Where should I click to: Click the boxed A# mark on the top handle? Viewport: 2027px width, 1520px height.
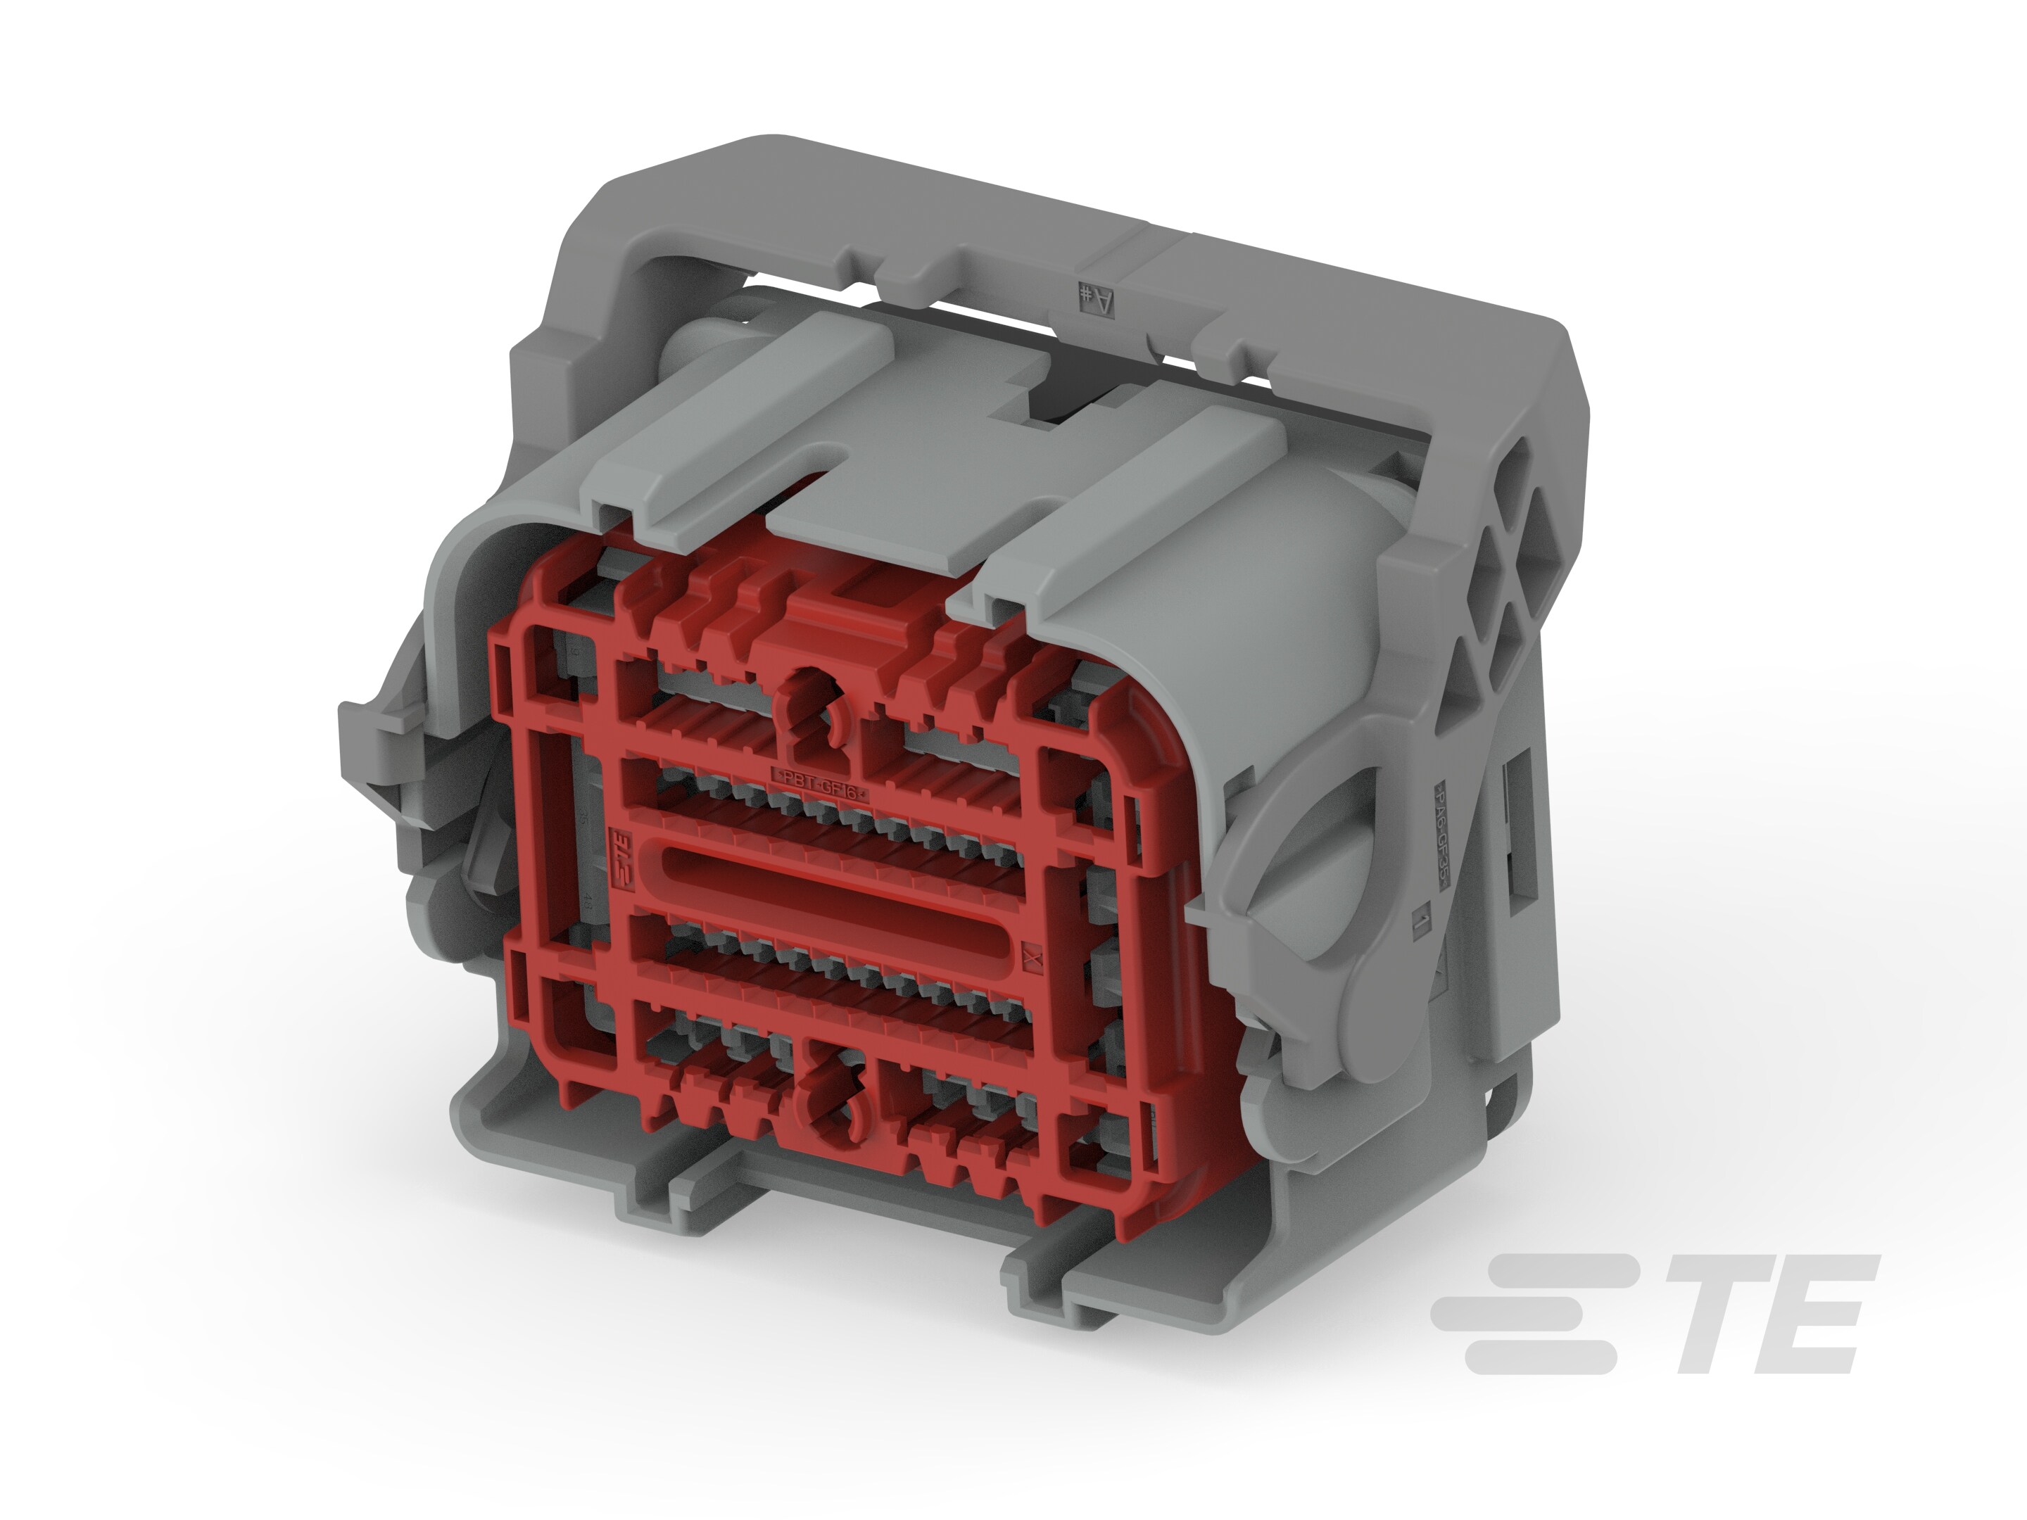tap(1097, 298)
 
